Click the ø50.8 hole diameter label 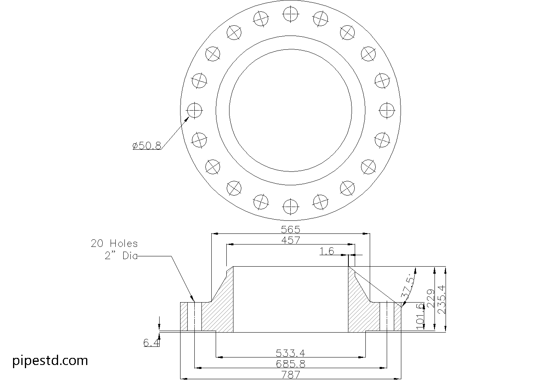pos(147,146)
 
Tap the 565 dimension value pos(291,230)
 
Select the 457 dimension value pos(291,240)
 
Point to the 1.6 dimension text pos(327,251)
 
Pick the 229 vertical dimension pos(431,299)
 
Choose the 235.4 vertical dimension pos(442,299)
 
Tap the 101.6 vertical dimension pos(420,316)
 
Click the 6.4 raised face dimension pos(151,343)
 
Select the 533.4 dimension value pos(290,353)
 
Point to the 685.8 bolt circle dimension pos(291,364)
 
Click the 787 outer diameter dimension pos(291,375)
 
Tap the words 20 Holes pos(114,244)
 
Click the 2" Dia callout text pos(121,256)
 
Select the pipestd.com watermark pos(50,361)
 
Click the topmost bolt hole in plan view pos(291,14)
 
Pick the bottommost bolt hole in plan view pos(291,207)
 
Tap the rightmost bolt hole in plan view pos(387,111)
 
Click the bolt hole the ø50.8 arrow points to pos(195,111)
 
